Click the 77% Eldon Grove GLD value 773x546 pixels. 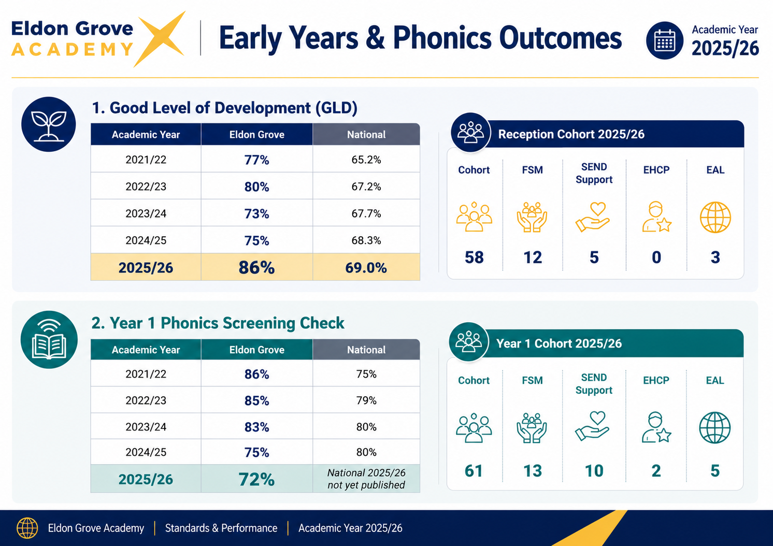point(256,160)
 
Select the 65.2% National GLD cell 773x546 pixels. point(366,160)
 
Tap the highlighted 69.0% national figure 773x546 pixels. point(366,268)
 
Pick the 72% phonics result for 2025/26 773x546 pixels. point(256,479)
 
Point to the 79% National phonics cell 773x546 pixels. point(366,400)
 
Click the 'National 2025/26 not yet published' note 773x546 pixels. point(366,479)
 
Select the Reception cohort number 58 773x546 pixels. point(474,257)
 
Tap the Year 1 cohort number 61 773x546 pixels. point(474,471)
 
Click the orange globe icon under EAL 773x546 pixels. point(715,217)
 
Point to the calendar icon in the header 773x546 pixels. point(664,40)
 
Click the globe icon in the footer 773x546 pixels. point(27,528)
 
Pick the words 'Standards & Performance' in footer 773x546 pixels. point(221,528)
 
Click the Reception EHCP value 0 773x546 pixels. point(656,257)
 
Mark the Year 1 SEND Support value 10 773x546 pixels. point(594,471)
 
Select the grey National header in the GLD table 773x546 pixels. point(366,134)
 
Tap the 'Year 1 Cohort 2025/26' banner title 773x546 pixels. point(559,343)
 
